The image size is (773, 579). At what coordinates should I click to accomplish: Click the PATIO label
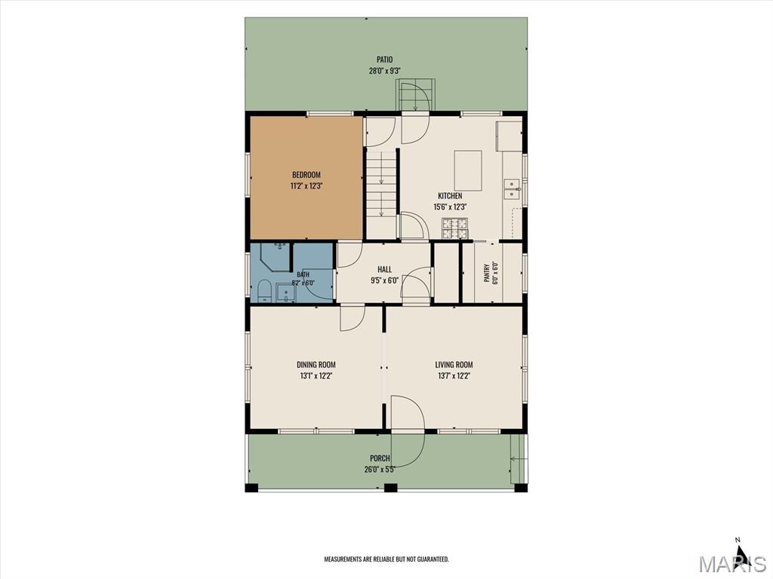[385, 60]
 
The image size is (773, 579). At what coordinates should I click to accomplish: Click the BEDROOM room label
[306, 175]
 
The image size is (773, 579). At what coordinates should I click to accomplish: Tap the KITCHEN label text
[450, 196]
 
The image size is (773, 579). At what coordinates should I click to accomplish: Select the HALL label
[384, 269]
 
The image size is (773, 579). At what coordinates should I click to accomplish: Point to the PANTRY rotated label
[487, 272]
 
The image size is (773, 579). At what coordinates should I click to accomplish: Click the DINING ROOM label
[316, 365]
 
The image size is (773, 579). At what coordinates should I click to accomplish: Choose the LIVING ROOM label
[454, 365]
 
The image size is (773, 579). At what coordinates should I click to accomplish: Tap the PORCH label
[380, 458]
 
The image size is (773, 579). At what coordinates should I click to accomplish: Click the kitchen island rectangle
[468, 170]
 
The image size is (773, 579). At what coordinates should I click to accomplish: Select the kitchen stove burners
[455, 228]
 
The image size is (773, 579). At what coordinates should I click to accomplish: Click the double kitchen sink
[513, 188]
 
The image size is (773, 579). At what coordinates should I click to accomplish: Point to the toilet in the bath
[264, 291]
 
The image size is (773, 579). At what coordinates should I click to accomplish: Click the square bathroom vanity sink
[285, 293]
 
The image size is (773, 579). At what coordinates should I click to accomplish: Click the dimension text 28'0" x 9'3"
[385, 71]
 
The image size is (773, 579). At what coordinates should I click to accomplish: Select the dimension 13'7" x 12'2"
[454, 375]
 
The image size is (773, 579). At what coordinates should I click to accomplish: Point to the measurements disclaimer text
[386, 559]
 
